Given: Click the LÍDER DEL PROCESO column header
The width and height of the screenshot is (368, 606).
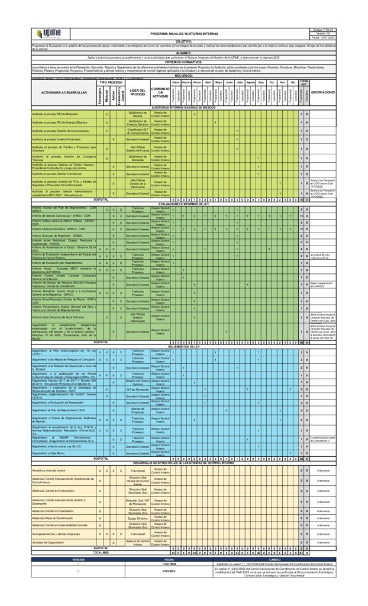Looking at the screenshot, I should pos(137,92).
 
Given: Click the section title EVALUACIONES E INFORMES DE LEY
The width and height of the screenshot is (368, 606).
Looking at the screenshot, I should pos(184,202).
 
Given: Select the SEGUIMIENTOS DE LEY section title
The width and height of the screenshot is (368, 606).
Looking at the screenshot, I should pos(184,346).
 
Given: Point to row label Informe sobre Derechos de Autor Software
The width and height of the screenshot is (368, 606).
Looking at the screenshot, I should pos(59,316).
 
